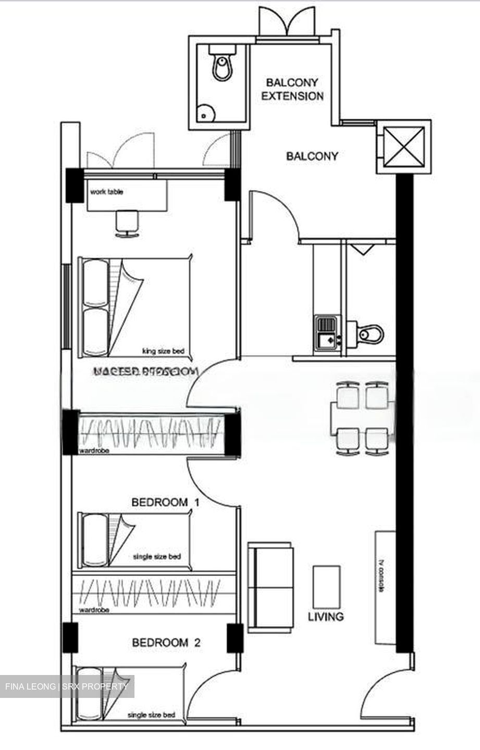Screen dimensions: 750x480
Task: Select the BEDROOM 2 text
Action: click(x=166, y=643)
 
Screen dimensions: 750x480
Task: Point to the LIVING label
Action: click(x=326, y=617)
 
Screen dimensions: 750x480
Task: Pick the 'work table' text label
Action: click(x=107, y=192)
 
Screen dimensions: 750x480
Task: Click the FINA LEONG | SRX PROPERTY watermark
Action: click(x=67, y=686)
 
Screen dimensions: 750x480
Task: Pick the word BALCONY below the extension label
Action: click(x=312, y=156)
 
